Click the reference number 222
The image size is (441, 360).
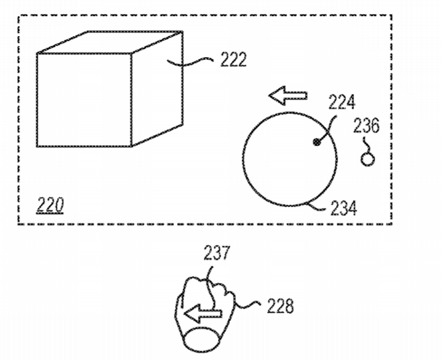(234, 60)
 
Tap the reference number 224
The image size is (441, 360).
(342, 102)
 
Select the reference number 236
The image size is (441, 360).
(366, 125)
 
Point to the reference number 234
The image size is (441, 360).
(343, 208)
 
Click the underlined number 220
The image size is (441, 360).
(50, 205)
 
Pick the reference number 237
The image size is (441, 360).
(217, 253)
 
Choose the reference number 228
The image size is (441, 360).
(280, 306)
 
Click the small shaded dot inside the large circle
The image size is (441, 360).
(317, 143)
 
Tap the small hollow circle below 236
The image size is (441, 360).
(368, 160)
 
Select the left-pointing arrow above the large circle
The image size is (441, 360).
(288, 96)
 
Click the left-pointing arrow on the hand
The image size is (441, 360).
(203, 313)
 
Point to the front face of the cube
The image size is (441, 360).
(84, 100)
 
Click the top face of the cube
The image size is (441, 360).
(110, 42)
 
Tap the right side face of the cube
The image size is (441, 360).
(158, 89)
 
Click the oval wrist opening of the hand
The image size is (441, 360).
(201, 340)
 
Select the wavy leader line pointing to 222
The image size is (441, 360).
(190, 63)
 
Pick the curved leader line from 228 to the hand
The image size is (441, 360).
(247, 305)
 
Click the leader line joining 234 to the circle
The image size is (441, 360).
(316, 207)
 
